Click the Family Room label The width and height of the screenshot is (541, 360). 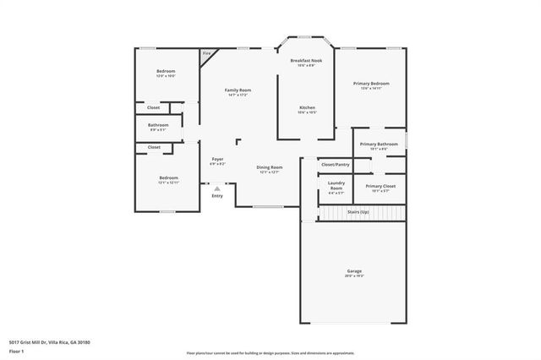(x=238, y=90)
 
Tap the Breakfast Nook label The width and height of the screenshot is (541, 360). (x=306, y=61)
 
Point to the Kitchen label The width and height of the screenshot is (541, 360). (x=307, y=108)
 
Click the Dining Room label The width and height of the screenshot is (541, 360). (x=269, y=167)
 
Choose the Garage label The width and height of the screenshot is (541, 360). (x=353, y=271)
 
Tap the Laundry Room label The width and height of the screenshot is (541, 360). (x=336, y=186)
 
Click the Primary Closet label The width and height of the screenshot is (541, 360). (x=380, y=186)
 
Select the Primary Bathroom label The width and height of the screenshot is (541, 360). (x=378, y=145)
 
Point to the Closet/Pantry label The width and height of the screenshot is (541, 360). (x=336, y=164)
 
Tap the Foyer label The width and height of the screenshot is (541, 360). (x=217, y=159)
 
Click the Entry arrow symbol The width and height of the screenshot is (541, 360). (x=217, y=188)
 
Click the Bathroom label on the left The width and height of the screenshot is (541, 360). (x=159, y=126)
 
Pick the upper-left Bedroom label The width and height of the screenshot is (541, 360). (x=166, y=71)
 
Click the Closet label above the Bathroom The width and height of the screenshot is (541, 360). (x=153, y=107)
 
